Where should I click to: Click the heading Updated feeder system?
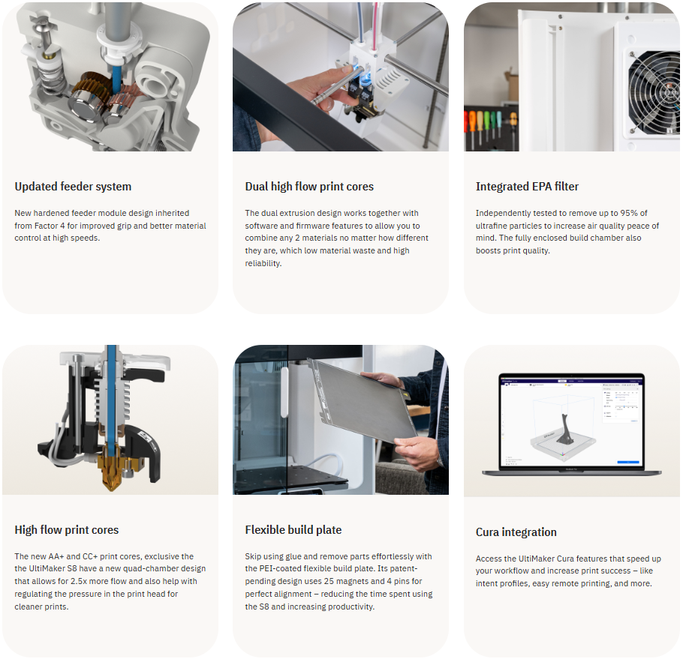point(73,187)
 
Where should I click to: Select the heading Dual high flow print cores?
point(309,187)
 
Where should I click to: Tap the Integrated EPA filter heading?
point(527,187)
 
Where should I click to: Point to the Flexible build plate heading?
point(293,530)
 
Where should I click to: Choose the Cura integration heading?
point(516,532)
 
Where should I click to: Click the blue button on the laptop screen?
point(627,462)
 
